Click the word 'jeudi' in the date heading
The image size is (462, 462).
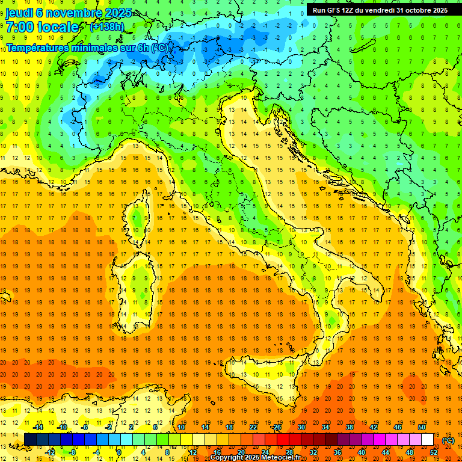17,12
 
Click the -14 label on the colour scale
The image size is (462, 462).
38,427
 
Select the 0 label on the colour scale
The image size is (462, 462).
119,452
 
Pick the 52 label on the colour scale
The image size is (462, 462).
434,452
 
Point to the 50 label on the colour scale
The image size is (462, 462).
422,427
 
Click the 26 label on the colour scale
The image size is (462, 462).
277,427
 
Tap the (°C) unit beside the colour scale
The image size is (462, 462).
448,440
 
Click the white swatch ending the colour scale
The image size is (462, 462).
428,440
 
